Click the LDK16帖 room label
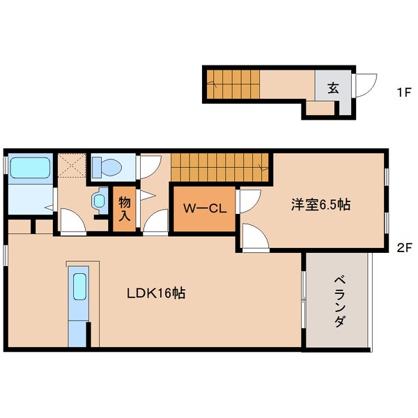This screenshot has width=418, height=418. pyautogui.click(x=155, y=293)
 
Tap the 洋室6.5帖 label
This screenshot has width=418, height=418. pyautogui.click(x=320, y=205)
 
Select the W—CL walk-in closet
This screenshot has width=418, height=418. pyautogui.click(x=203, y=208)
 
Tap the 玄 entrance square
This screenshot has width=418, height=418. pyautogui.click(x=334, y=88)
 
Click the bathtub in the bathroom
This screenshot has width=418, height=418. pyautogui.click(x=29, y=168)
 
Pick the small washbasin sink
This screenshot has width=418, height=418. pyautogui.click(x=98, y=201)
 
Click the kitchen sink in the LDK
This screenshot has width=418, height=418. pyautogui.click(x=79, y=286)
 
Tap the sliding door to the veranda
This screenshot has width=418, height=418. pyautogui.click(x=303, y=298)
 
